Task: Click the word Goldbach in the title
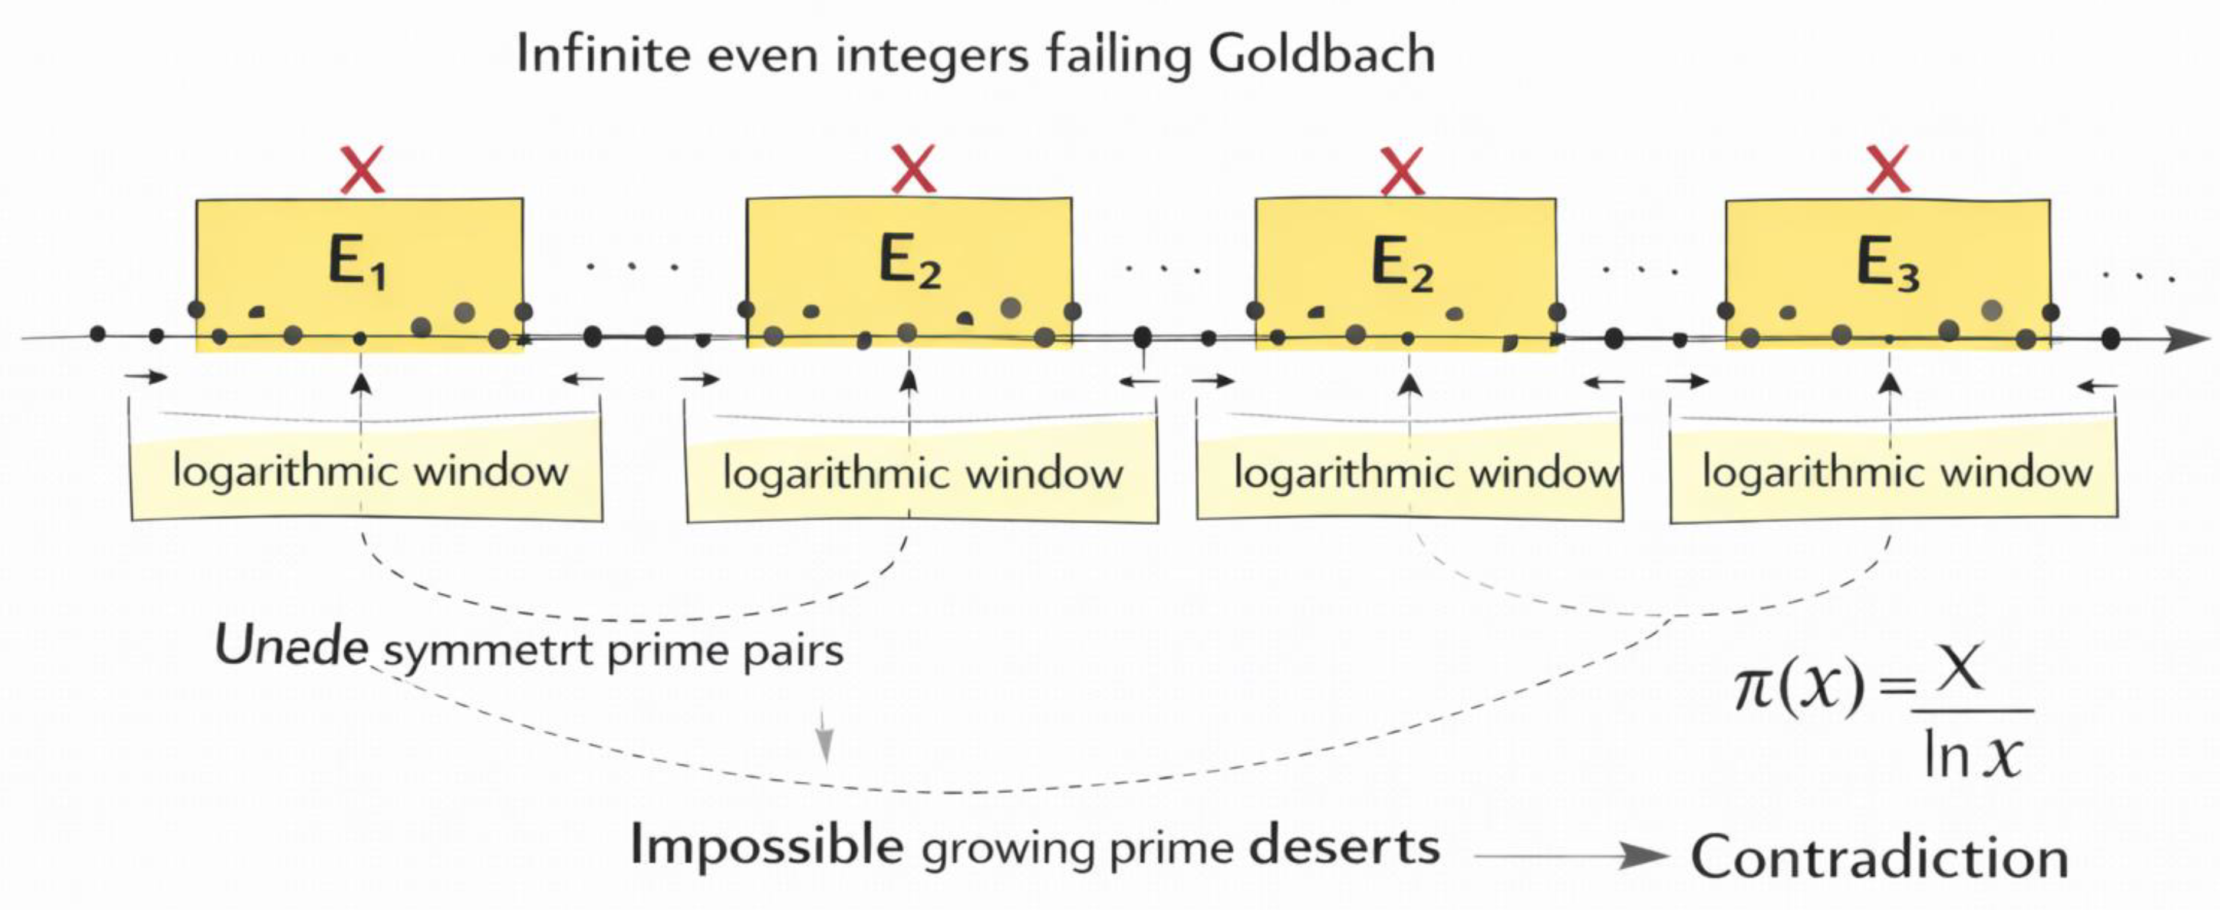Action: (1321, 56)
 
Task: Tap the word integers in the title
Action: (931, 56)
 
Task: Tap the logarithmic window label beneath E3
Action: (1897, 472)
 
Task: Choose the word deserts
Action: (1345, 846)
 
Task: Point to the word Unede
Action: (291, 647)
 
